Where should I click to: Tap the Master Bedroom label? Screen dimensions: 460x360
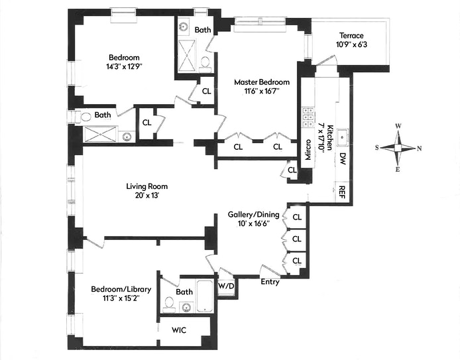click(262, 82)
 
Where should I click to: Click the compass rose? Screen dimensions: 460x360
click(398, 148)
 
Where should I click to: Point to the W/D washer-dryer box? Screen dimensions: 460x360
click(227, 286)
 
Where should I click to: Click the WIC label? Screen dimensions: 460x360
click(180, 330)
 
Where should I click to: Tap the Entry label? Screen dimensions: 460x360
click(270, 282)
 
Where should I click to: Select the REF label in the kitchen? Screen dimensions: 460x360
click(342, 192)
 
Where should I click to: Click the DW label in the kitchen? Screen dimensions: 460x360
click(343, 158)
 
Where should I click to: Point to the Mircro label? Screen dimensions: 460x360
click(308, 151)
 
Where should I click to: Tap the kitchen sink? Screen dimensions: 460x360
click(343, 136)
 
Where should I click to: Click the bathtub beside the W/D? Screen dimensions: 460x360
click(207, 296)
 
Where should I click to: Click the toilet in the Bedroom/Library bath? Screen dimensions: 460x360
click(168, 306)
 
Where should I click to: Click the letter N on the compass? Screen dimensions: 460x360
click(419, 148)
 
